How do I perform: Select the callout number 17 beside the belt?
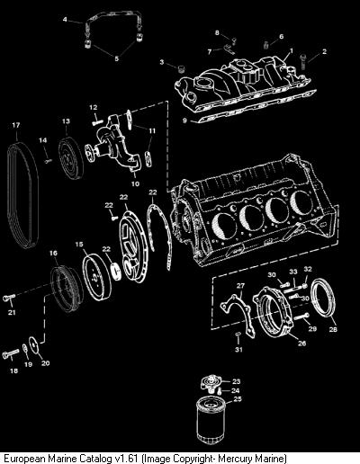(x=16, y=125)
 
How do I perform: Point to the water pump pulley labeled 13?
(x=71, y=158)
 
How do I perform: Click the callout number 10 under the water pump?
(x=135, y=183)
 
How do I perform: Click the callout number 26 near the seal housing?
(x=301, y=343)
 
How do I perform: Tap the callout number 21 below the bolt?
(x=12, y=312)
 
